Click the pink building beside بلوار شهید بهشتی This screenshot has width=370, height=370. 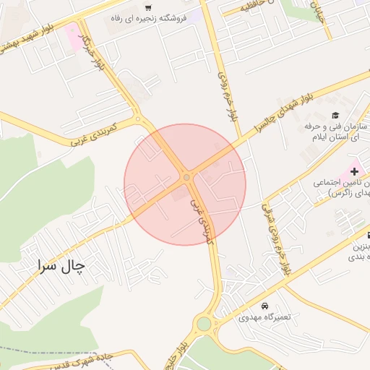(74, 37)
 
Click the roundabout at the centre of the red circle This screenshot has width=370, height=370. (186, 177)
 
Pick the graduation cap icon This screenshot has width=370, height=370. (335, 115)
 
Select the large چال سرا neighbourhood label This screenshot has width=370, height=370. (58, 266)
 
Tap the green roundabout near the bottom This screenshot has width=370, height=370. (205, 323)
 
